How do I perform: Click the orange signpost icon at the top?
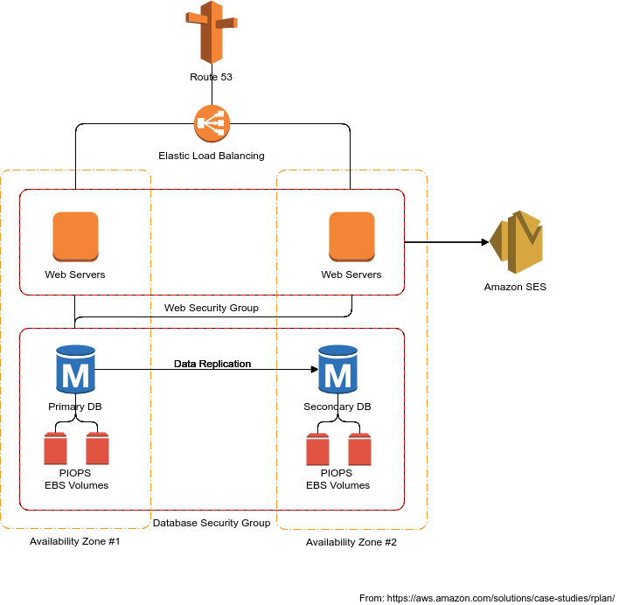click(x=211, y=32)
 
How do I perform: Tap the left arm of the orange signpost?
click(x=194, y=17)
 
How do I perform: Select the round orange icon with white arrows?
click(x=212, y=123)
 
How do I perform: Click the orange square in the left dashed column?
click(x=75, y=236)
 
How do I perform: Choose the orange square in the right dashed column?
click(x=351, y=236)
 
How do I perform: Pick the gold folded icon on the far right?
click(x=517, y=242)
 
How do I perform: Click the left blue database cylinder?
click(x=75, y=369)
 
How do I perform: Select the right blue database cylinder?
click(x=337, y=369)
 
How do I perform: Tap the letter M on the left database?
click(x=75, y=376)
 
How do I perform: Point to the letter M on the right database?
click(x=337, y=376)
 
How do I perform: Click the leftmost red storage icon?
click(x=56, y=449)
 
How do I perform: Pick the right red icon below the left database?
click(x=97, y=449)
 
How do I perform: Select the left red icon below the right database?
click(x=317, y=449)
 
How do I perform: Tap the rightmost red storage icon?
click(x=359, y=449)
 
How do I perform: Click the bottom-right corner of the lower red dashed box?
click(x=404, y=509)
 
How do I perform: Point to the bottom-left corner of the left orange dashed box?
click(x=3, y=527)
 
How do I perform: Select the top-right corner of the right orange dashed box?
click(x=426, y=172)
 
